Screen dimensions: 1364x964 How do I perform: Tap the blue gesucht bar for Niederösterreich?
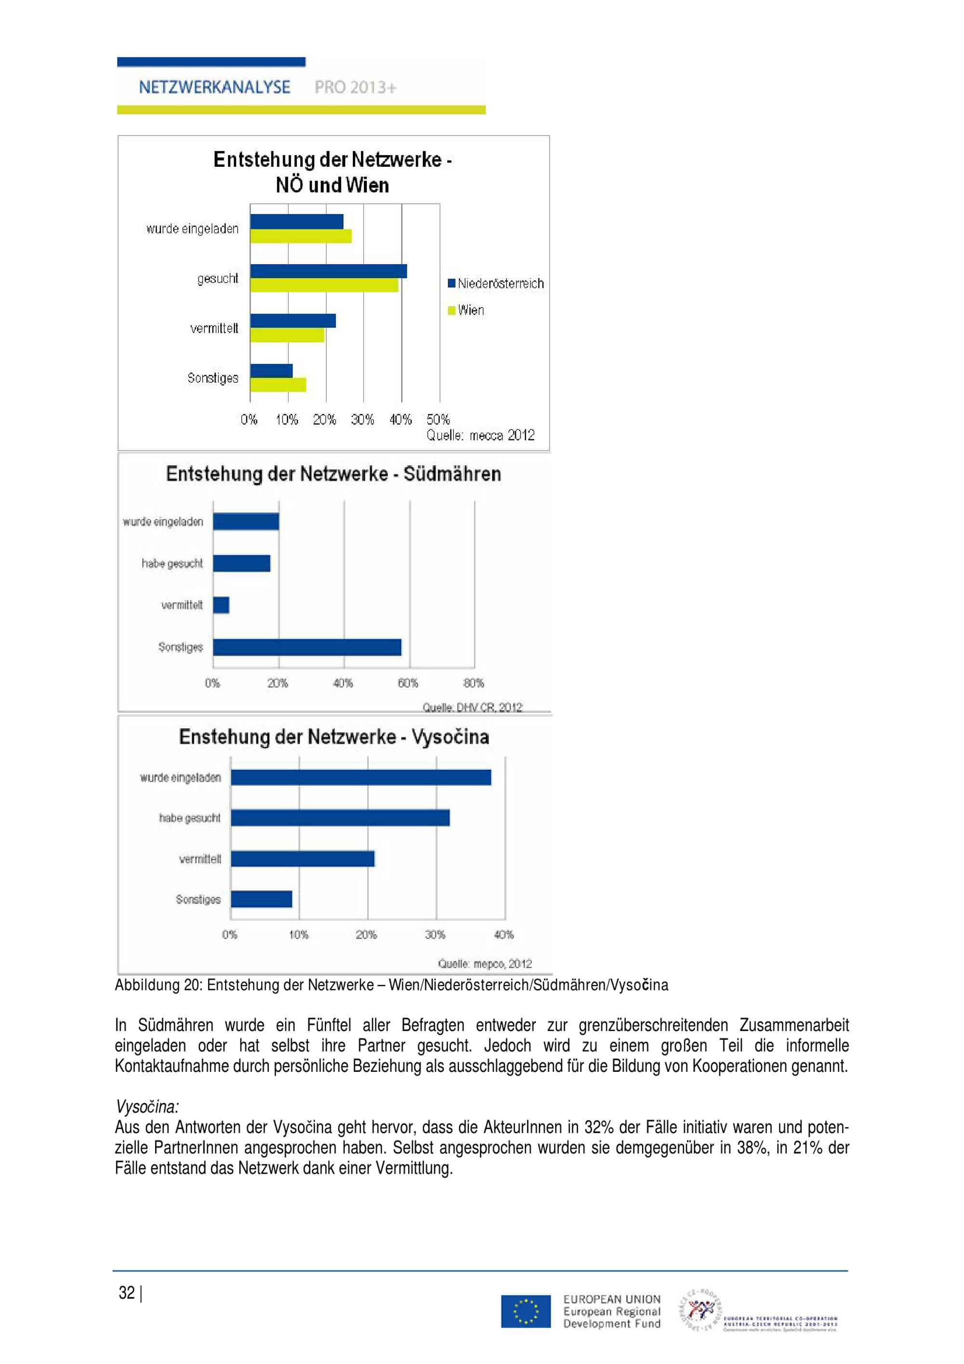[328, 271]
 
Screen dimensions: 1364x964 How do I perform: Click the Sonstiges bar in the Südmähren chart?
[307, 647]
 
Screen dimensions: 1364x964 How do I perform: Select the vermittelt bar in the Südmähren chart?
[221, 605]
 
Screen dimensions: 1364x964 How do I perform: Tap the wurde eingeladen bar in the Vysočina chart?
[361, 777]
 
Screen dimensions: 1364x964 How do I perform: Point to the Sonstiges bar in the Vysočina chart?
[261, 899]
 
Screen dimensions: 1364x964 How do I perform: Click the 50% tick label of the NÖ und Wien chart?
[438, 419]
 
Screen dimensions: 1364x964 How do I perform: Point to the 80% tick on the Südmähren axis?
[473, 683]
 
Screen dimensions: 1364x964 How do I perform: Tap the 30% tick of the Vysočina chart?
[435, 935]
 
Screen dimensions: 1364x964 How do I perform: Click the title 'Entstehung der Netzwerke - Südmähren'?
[333, 474]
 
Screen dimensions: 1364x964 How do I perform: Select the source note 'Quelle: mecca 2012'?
[480, 435]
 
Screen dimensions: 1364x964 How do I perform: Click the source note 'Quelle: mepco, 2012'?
[485, 963]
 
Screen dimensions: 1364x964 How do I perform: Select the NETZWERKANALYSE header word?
[214, 87]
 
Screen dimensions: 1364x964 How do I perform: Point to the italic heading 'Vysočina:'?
[147, 1107]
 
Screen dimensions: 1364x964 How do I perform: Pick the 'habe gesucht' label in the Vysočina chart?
[189, 818]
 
